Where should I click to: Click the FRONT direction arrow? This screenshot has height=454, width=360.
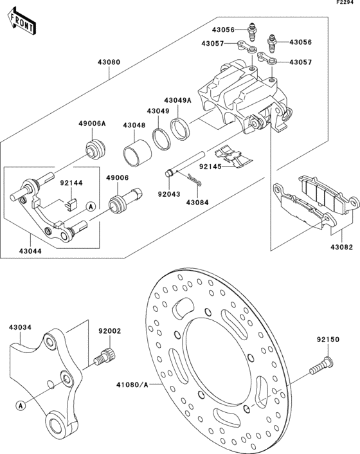22,22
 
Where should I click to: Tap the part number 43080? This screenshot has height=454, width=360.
109,62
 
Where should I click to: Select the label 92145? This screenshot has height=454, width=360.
210,167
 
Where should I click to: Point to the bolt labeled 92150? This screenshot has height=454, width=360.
321,365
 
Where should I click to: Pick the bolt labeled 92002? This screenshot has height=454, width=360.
105,356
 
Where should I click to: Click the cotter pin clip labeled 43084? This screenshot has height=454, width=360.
194,180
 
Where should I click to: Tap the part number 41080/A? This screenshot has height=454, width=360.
132,385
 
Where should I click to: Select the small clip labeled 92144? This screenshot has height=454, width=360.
71,203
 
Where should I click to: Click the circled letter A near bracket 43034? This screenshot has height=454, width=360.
21,405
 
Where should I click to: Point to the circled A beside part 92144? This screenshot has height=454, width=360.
91,206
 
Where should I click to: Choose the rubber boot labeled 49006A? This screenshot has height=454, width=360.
95,149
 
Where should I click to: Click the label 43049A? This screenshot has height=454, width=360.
178,100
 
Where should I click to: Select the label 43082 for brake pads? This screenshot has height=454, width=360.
342,247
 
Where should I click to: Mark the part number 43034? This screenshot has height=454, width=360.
21,327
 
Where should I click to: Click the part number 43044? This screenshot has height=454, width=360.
30,251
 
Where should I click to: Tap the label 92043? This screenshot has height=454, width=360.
169,194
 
